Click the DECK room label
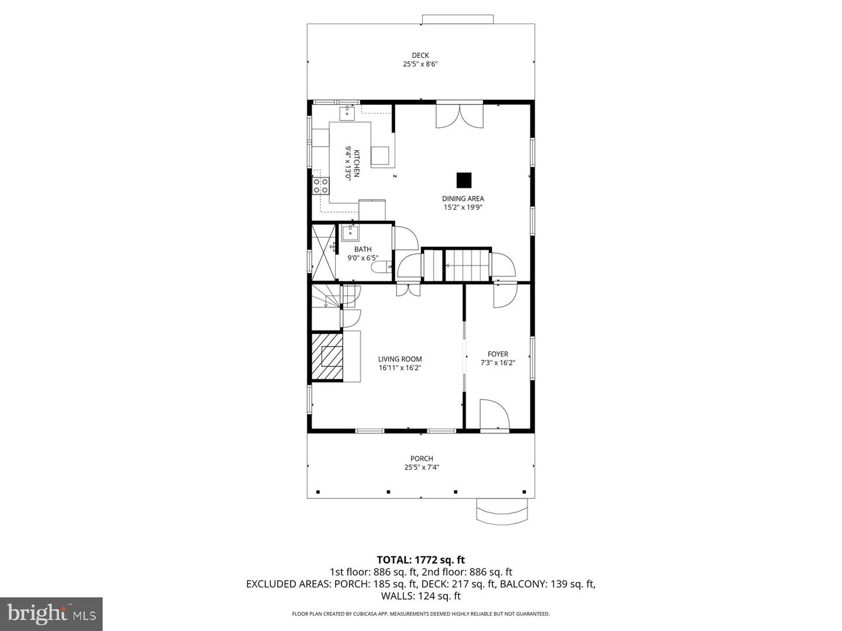pyautogui.click(x=420, y=56)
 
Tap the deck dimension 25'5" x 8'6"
pyautogui.click(x=420, y=65)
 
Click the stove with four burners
pyautogui.click(x=320, y=186)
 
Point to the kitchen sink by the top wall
pyautogui.click(x=347, y=112)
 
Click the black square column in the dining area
pyautogui.click(x=464, y=180)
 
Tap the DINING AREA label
pyautogui.click(x=463, y=199)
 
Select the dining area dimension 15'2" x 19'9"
pyautogui.click(x=463, y=207)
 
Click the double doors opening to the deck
pyautogui.click(x=460, y=115)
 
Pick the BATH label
pyautogui.click(x=363, y=249)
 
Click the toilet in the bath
pyautogui.click(x=383, y=268)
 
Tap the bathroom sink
pyautogui.click(x=350, y=233)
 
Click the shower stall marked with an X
pyautogui.click(x=323, y=252)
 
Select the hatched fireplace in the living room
pyautogui.click(x=327, y=357)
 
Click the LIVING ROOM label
pyautogui.click(x=399, y=359)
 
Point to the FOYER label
pyautogui.click(x=498, y=354)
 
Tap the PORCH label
pyautogui.click(x=421, y=459)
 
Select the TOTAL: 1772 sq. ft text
pyautogui.click(x=420, y=560)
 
